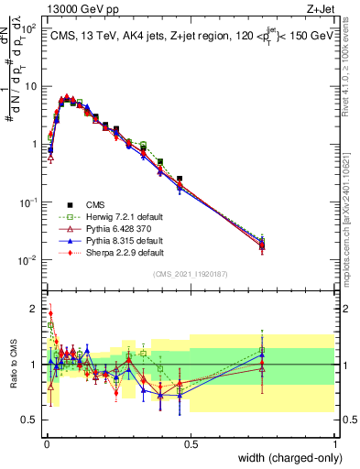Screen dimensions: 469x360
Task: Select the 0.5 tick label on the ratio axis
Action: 29,420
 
